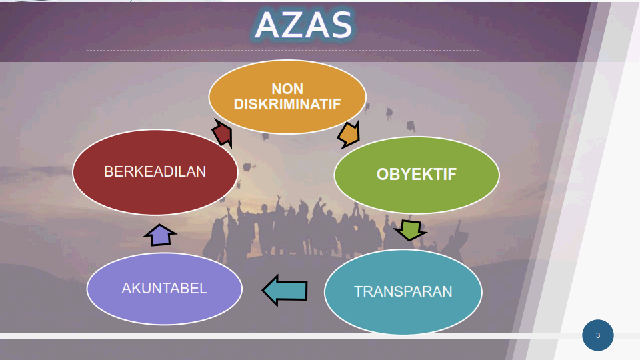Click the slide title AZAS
pyautogui.click(x=304, y=25)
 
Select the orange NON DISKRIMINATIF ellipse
pyautogui.click(x=287, y=97)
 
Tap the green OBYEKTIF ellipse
pyautogui.click(x=416, y=175)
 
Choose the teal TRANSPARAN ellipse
pyautogui.click(x=403, y=291)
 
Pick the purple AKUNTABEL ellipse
pyautogui.click(x=165, y=289)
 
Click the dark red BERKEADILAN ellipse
pyautogui.click(x=155, y=172)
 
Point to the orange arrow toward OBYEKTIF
pyautogui.click(x=349, y=135)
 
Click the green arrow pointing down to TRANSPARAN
pyautogui.click(x=410, y=230)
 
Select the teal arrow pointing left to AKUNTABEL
pyautogui.click(x=285, y=290)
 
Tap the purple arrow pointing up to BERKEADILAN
pyautogui.click(x=160, y=235)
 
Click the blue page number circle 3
pyautogui.click(x=597, y=335)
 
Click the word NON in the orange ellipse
pyautogui.click(x=287, y=89)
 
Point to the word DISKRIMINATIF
pyautogui.click(x=287, y=105)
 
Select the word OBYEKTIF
pyautogui.click(x=416, y=175)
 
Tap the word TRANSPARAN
pyautogui.click(x=403, y=291)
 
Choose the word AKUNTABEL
pyautogui.click(x=165, y=289)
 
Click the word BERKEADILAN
pyautogui.click(x=155, y=172)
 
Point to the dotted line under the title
pyautogui.click(x=283, y=51)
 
